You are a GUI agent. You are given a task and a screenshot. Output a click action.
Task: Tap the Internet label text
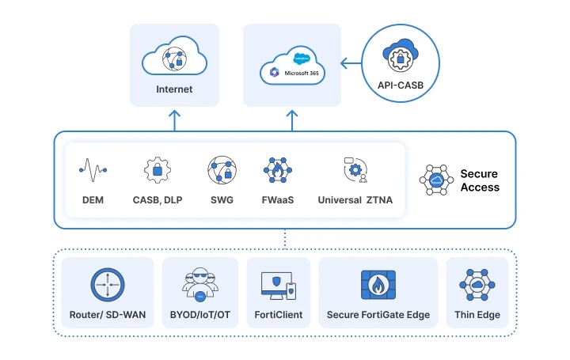click(x=173, y=89)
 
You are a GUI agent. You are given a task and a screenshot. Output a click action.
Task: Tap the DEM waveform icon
click(x=93, y=169)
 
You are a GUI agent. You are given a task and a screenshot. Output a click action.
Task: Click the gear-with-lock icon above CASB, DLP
click(x=157, y=170)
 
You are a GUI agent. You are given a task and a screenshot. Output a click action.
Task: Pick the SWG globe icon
click(x=222, y=170)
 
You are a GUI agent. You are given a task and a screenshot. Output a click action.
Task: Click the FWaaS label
click(x=278, y=200)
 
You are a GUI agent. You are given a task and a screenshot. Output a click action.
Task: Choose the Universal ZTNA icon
click(x=355, y=169)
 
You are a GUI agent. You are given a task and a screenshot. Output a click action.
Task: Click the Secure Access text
click(x=480, y=180)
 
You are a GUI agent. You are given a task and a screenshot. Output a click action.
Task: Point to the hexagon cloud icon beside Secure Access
click(x=435, y=180)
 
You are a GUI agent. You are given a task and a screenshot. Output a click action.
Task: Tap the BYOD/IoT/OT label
click(x=199, y=315)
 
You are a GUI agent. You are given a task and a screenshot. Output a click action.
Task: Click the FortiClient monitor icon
click(x=277, y=285)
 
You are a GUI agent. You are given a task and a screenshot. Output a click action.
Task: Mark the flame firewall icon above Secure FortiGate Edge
click(x=378, y=284)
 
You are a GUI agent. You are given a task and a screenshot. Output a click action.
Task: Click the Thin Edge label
click(x=477, y=315)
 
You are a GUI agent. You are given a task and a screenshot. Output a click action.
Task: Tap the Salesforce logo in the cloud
click(x=301, y=59)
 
